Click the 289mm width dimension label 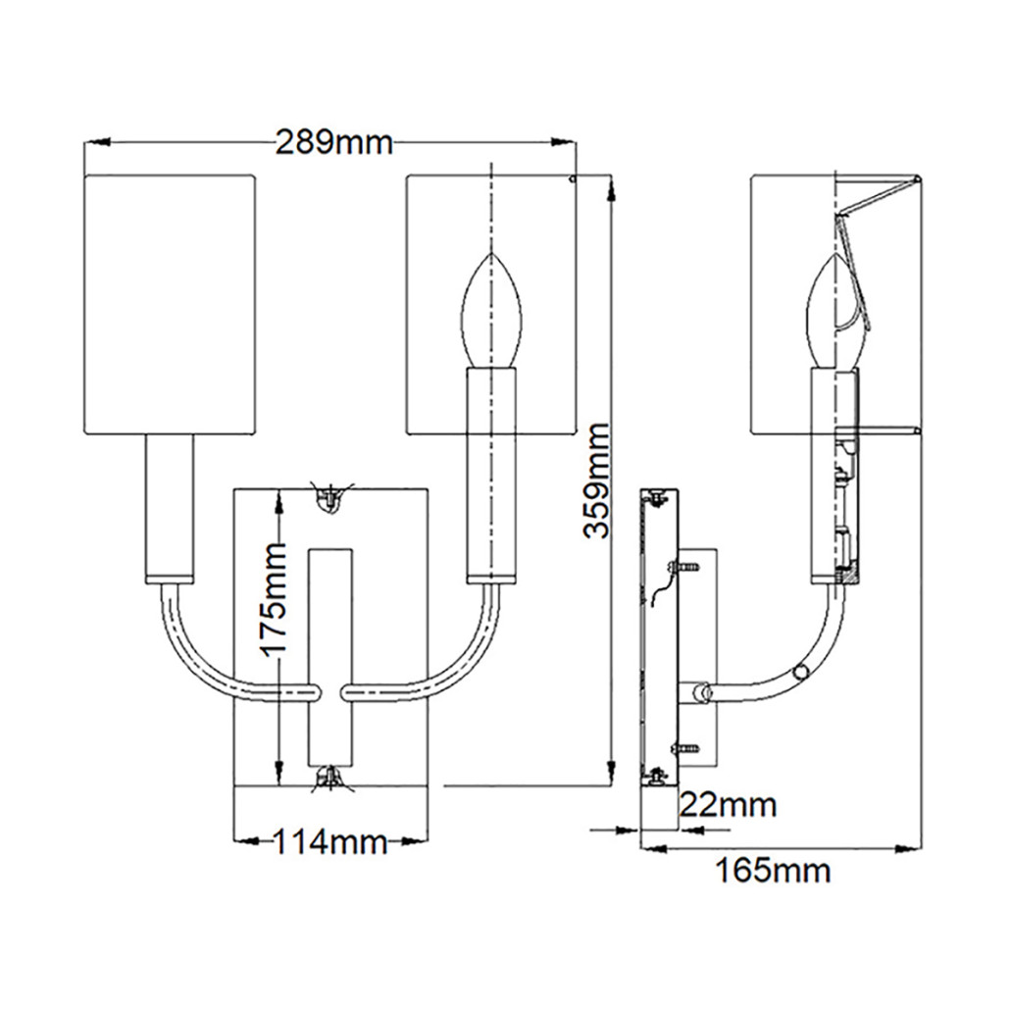click(x=333, y=143)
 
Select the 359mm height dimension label click(x=595, y=480)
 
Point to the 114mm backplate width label click(x=328, y=841)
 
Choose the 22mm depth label click(x=728, y=805)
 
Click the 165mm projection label click(x=773, y=869)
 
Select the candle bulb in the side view click(x=833, y=312)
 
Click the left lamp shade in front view click(x=169, y=304)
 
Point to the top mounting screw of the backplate click(x=330, y=497)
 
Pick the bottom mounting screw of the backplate click(x=330, y=777)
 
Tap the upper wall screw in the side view click(x=682, y=566)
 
